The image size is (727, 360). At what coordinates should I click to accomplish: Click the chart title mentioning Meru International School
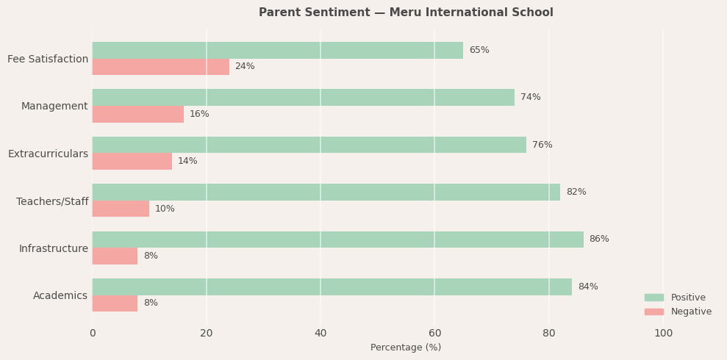[406, 12]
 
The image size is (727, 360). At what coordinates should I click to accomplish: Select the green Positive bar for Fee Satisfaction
[277, 50]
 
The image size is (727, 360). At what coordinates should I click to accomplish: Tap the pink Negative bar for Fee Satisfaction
[160, 67]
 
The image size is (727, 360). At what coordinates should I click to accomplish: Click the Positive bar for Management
[303, 97]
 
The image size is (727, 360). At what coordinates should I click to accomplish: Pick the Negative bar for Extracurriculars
[132, 162]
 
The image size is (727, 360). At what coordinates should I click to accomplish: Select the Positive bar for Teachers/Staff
[326, 192]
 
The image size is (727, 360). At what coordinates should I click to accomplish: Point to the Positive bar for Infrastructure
[337, 240]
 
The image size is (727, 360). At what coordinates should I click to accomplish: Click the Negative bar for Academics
[115, 303]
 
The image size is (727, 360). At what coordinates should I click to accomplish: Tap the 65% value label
[479, 50]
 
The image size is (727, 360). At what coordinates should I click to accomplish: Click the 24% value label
[245, 67]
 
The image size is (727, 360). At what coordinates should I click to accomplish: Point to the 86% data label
[599, 240]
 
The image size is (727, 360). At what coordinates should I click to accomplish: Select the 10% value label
[165, 209]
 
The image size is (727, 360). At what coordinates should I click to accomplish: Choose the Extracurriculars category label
[48, 154]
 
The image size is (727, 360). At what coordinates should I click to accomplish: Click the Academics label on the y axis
[60, 295]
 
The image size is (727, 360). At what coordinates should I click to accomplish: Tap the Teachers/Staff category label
[52, 201]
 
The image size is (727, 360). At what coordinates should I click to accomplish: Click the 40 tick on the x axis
[320, 334]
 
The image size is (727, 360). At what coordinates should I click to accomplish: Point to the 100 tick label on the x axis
[663, 334]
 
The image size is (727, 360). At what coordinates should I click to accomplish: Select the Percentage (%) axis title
[406, 348]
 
